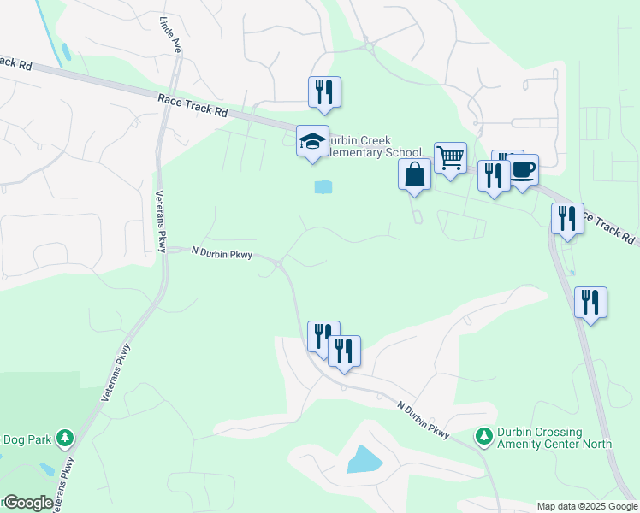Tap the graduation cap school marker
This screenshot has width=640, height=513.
[x=312, y=141]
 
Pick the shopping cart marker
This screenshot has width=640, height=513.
[x=450, y=157]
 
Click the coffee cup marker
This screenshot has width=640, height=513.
[x=522, y=170]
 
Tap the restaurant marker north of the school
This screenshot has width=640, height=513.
[x=324, y=91]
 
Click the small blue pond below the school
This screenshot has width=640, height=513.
[x=323, y=187]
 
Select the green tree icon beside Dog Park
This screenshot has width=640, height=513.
[x=65, y=439]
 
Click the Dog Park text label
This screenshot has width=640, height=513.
[x=26, y=439]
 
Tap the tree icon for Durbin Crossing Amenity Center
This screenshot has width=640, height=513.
[x=484, y=437]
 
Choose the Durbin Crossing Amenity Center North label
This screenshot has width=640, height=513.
[x=555, y=438]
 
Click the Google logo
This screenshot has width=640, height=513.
[x=27, y=503]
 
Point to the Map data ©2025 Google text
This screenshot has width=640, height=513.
[x=587, y=506]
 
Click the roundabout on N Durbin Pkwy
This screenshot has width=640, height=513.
[x=280, y=266]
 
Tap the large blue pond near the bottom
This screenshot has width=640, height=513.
[x=364, y=460]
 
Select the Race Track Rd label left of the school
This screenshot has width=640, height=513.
[x=193, y=106]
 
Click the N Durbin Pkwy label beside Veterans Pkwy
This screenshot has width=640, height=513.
[x=221, y=252]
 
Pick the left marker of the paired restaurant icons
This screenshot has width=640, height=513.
[x=323, y=336]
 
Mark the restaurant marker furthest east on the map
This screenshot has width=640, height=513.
[x=590, y=303]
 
